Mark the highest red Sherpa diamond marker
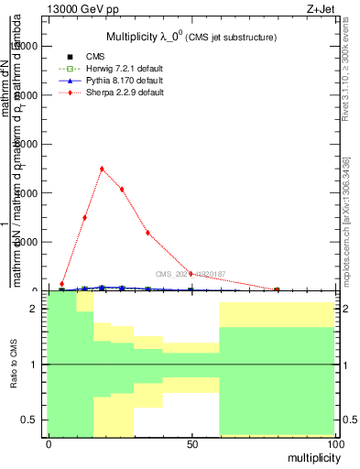[102, 169]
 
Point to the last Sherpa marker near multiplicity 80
[277, 289]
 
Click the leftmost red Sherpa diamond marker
[62, 284]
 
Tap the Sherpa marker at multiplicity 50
[191, 273]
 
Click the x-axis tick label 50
[191, 444]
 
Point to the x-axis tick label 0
[49, 444]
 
